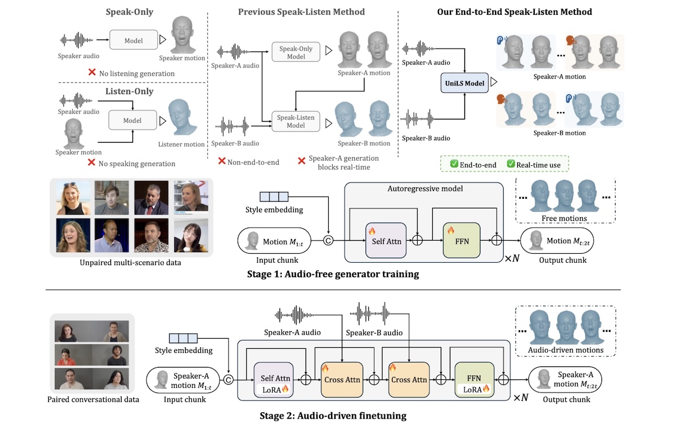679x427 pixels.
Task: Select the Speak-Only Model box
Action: (296, 52)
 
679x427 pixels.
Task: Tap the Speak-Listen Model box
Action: (296, 121)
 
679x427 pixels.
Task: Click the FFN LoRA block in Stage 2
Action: (474, 379)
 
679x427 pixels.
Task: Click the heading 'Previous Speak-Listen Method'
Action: (301, 12)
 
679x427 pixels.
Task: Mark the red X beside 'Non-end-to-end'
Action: (222, 161)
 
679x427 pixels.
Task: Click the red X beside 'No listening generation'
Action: (92, 73)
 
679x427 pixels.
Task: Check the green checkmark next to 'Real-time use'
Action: (510, 164)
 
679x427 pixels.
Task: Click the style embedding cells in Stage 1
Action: (274, 197)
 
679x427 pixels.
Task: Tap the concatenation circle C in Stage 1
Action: (328, 241)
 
